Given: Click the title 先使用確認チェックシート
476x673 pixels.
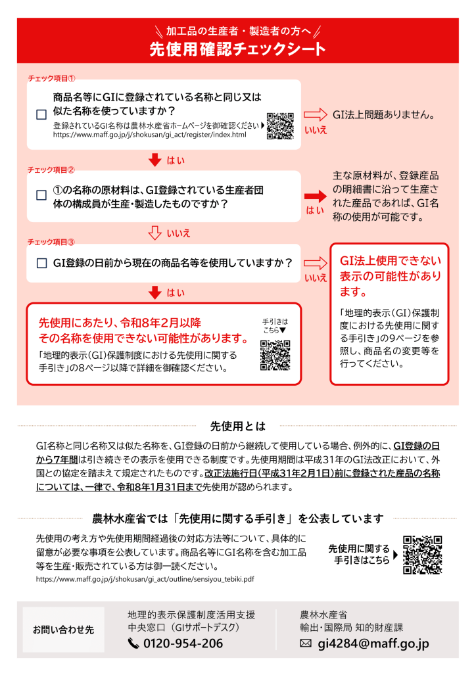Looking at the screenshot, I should click(x=237, y=49).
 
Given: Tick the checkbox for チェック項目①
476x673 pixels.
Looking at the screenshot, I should click(x=41, y=114).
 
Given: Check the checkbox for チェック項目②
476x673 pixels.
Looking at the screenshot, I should click(x=41, y=196).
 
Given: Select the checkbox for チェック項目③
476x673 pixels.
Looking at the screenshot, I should click(x=41, y=263).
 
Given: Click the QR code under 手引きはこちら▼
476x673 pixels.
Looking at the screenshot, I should click(x=275, y=356).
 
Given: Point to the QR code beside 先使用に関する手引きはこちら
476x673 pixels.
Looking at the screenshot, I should click(x=422, y=555).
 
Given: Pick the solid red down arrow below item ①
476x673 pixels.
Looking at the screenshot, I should click(x=155, y=160).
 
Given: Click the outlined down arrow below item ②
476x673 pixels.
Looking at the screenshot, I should click(x=155, y=232).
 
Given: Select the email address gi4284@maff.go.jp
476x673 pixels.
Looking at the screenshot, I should click(x=373, y=643).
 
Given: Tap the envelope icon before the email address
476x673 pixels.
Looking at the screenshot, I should click(x=305, y=643).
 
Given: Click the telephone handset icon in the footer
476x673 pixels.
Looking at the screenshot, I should click(x=133, y=643).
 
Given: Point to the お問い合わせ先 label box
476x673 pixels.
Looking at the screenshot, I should click(x=64, y=630).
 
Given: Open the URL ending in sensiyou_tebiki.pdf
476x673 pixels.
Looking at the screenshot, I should click(x=145, y=579).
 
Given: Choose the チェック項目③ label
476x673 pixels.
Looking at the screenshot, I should click(x=51, y=242).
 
